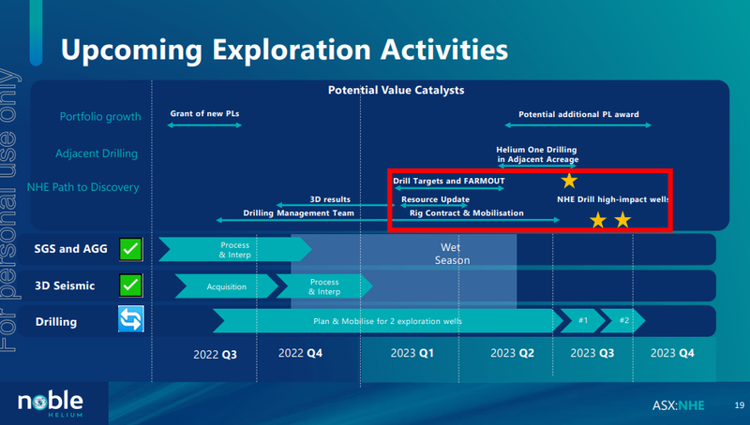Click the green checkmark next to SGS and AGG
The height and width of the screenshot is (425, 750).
click(130, 249)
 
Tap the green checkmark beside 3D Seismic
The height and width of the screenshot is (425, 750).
click(130, 286)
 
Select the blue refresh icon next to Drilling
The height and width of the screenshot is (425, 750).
click(130, 319)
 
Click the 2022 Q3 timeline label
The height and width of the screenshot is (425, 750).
click(215, 355)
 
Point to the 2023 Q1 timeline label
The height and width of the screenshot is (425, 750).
click(412, 353)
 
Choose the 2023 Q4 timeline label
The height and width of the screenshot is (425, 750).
click(672, 353)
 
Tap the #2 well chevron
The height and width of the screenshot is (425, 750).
click(622, 320)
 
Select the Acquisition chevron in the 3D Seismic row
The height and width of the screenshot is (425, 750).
click(226, 286)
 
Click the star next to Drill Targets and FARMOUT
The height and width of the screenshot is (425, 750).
click(569, 181)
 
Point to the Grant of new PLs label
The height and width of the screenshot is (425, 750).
click(204, 113)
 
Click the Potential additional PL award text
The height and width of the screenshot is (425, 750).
click(578, 114)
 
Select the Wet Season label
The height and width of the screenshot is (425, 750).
click(452, 254)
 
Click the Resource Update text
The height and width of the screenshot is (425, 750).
click(435, 199)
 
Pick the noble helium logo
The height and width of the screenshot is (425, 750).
click(51, 403)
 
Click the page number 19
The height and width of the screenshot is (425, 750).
click(740, 405)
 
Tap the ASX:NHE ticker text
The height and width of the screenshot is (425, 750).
click(678, 406)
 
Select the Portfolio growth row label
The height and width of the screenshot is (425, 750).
click(100, 117)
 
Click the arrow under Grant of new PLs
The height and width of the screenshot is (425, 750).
click(204, 125)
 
